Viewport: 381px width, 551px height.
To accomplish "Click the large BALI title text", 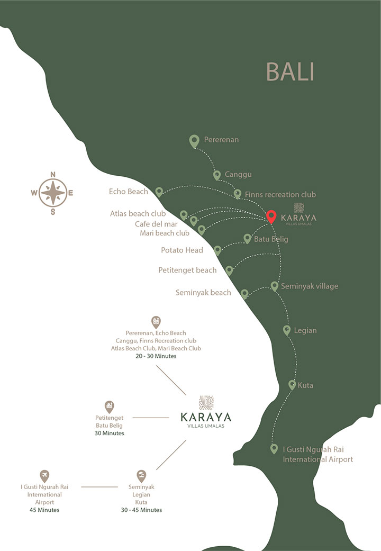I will click(290, 72).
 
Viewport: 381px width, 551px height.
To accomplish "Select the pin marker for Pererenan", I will click(195, 141).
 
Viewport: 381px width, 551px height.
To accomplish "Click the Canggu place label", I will click(238, 174).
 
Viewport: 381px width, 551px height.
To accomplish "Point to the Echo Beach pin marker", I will click(159, 192).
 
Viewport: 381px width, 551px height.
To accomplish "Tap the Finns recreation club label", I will click(280, 195).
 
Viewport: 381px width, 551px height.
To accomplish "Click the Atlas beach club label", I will click(138, 214).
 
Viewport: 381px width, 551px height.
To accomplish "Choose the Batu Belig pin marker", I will click(247, 239).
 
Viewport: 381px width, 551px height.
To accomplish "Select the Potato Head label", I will click(182, 250).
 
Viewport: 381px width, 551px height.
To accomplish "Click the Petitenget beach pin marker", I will click(229, 270).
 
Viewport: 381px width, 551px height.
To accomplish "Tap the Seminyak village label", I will click(310, 286).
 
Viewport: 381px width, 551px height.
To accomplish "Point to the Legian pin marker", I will click(287, 330).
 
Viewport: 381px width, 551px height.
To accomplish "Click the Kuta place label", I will click(305, 385).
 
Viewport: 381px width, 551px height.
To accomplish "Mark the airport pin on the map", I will click(274, 449).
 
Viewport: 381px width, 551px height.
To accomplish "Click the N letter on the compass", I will click(53, 175).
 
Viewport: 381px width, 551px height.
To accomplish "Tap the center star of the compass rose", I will click(53, 193).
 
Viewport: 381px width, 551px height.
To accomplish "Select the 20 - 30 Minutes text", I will click(156, 356).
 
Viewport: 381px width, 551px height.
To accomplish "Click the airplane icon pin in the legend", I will click(44, 475).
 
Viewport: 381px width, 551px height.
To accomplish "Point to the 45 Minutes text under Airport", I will click(44, 510).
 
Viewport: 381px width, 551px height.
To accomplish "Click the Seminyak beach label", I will click(203, 292).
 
